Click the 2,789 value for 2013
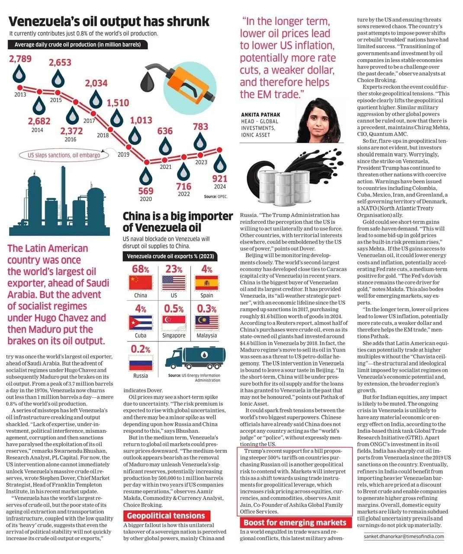(x=20, y=58)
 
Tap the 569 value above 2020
(x=146, y=190)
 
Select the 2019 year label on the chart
(x=123, y=154)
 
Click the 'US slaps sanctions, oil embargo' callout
(x=64, y=155)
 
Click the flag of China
(x=141, y=283)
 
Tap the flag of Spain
(x=206, y=283)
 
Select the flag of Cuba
(x=141, y=323)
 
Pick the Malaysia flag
(x=206, y=323)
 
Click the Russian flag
(x=141, y=363)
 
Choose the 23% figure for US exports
(x=174, y=269)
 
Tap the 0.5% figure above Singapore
(x=174, y=309)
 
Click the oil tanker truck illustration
(x=197, y=359)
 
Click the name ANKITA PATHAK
(x=260, y=115)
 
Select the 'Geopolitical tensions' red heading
(x=166, y=515)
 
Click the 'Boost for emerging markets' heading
(x=295, y=522)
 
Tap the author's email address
(x=404, y=536)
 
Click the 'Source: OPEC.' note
(x=215, y=196)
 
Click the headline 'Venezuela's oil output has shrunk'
(x=109, y=21)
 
